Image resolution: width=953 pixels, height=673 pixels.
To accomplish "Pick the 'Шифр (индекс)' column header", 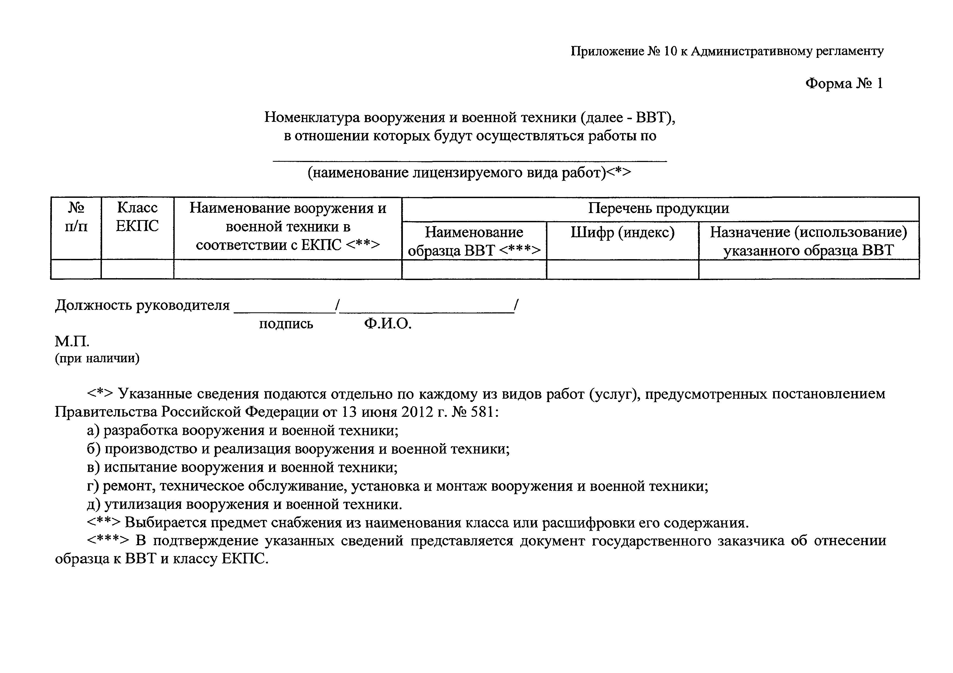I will pyautogui.click(x=622, y=233).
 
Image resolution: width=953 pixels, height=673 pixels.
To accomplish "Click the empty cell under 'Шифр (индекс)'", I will pyautogui.click(x=622, y=269).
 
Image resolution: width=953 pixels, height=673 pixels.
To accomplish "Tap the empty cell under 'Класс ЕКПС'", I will pyautogui.click(x=137, y=269).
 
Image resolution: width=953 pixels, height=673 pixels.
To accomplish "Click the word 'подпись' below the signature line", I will pyautogui.click(x=286, y=324).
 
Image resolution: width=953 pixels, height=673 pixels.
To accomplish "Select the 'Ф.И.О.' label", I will pyautogui.click(x=388, y=324).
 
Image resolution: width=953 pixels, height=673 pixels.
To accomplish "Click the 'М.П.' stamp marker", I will pyautogui.click(x=72, y=342).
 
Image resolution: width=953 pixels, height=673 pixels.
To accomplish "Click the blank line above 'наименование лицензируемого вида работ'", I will pyautogui.click(x=469, y=160).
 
